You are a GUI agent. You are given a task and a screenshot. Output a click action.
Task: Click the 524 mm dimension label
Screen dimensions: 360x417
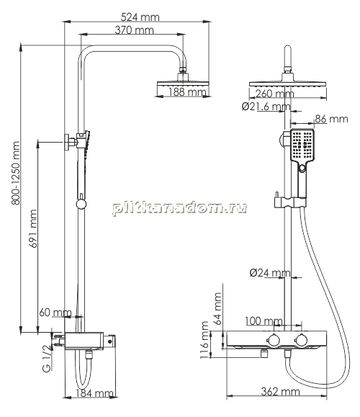click(x=140, y=17)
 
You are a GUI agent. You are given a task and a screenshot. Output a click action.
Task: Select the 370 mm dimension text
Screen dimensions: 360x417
click(x=134, y=30)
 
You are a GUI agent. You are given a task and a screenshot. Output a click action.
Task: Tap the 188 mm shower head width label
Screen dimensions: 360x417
click(x=187, y=92)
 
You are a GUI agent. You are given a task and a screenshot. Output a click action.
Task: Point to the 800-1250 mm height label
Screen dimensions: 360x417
click(x=16, y=173)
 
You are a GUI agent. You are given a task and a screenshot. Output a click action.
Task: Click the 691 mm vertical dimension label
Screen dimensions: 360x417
click(x=33, y=228)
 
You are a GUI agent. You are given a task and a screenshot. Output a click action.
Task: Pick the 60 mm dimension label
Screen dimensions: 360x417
click(x=55, y=313)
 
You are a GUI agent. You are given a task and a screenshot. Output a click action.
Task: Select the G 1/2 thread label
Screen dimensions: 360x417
click(x=48, y=358)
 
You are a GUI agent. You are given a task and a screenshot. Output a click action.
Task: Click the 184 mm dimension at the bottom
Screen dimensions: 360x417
click(x=94, y=393)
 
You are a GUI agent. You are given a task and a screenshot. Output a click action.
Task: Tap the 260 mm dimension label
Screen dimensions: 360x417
click(x=274, y=94)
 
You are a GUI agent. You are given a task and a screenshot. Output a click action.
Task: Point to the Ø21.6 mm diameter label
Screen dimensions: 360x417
click(x=266, y=107)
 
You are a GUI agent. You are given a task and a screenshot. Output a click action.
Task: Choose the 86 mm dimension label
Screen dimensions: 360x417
click(x=331, y=119)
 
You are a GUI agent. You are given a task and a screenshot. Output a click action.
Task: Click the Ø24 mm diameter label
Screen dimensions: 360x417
click(x=270, y=272)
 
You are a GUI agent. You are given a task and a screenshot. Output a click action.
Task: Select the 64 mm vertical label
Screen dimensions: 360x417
click(x=217, y=308)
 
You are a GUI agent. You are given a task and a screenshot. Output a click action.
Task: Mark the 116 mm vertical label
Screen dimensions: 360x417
click(x=204, y=340)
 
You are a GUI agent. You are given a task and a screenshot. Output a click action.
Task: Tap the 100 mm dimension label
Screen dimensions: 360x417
click(x=264, y=321)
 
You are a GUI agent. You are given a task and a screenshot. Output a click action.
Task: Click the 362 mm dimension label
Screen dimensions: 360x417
click(x=280, y=392)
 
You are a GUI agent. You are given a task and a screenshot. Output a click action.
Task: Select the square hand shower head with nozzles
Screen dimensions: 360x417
click(x=302, y=145)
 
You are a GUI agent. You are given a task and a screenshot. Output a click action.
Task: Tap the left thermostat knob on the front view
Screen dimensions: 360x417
click(x=273, y=340)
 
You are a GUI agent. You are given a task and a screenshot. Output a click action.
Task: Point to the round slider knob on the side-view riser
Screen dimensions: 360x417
click(x=81, y=204)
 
